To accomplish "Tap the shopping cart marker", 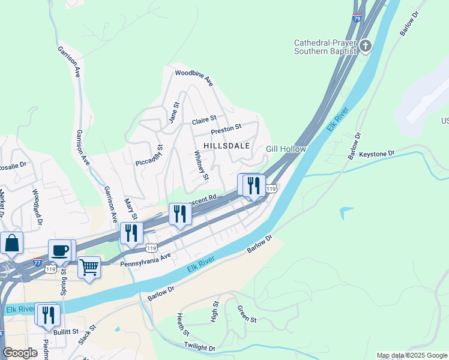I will click(x=89, y=267).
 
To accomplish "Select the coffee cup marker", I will click(x=59, y=250).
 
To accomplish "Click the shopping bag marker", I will click(x=11, y=243).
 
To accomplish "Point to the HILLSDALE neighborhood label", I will click(x=226, y=146).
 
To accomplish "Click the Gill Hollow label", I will click(x=286, y=149).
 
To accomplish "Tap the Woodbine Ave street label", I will click(x=194, y=77).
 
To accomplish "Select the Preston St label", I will click(x=226, y=129).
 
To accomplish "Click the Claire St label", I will click(x=203, y=121).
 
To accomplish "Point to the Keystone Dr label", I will click(x=377, y=154).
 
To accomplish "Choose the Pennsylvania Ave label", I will click(x=146, y=259).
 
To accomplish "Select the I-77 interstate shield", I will click(x=37, y=262).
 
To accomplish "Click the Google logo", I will click(x=20, y=353).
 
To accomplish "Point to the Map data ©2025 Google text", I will click(x=412, y=355).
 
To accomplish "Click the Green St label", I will click(x=247, y=315).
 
